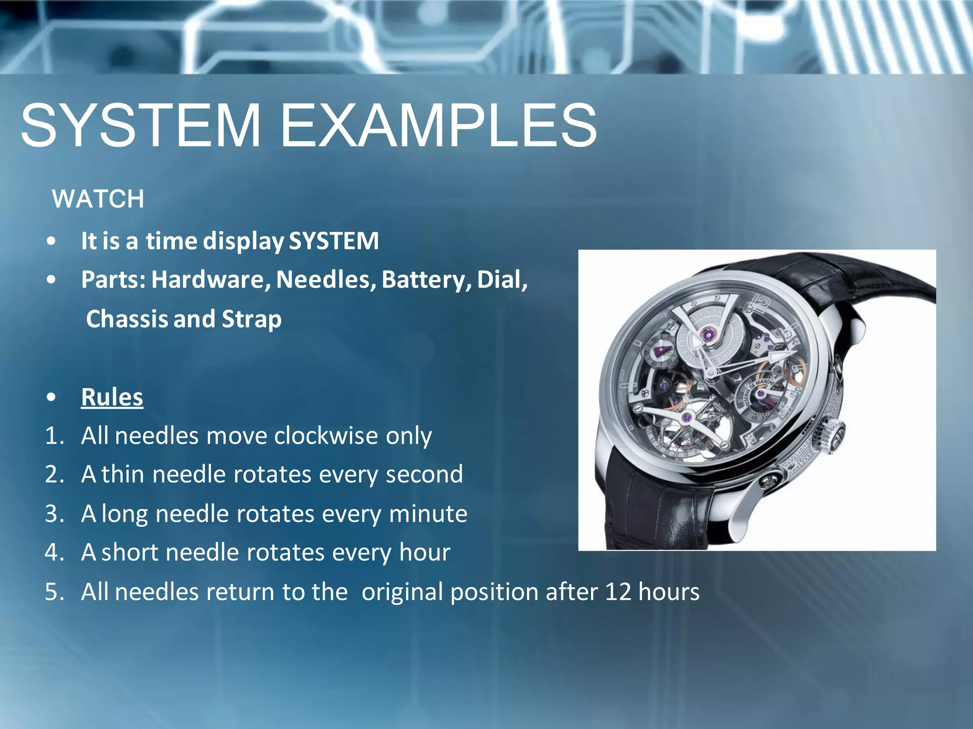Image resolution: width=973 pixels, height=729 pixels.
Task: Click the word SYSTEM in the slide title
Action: [141, 126]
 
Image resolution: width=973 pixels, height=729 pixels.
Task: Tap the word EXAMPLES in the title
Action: [438, 126]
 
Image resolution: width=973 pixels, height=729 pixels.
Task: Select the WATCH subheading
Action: [98, 199]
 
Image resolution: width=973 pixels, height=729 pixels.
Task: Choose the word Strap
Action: [252, 319]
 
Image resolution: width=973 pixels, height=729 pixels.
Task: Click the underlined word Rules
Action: [112, 397]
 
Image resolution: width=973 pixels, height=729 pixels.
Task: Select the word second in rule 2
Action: [424, 474]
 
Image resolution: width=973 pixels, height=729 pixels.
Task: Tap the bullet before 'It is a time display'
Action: [51, 241]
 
